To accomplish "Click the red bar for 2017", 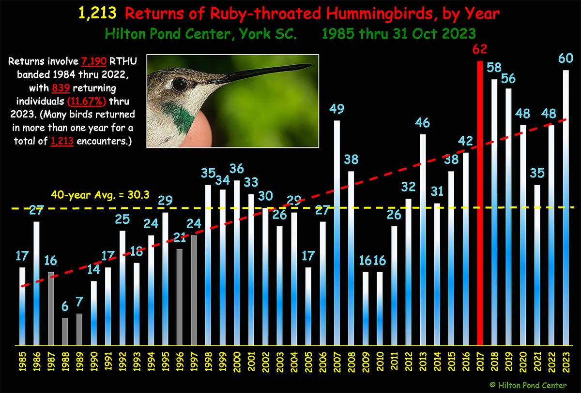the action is [480, 203].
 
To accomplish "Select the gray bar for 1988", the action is [65, 332].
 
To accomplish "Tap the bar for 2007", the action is [336, 233].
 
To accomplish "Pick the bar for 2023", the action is [566, 208].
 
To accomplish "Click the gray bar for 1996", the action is [180, 297].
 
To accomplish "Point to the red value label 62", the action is [480, 49].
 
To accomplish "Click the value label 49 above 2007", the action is [336, 109].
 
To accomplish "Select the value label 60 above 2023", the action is [566, 58].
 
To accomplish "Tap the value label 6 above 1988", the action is [65, 306].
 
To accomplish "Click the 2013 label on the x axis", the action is [423, 362].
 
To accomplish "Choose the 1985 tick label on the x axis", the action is [23, 362].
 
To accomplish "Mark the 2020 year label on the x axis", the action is [523, 362].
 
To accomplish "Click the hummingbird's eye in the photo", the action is [179, 85].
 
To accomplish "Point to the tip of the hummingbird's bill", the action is [312, 65].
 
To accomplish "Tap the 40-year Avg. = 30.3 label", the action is [100, 195].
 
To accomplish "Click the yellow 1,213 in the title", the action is [97, 13].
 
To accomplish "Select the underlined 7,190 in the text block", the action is [94, 61].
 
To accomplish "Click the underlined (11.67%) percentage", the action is [87, 101].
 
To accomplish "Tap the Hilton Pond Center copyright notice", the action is [528, 385].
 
